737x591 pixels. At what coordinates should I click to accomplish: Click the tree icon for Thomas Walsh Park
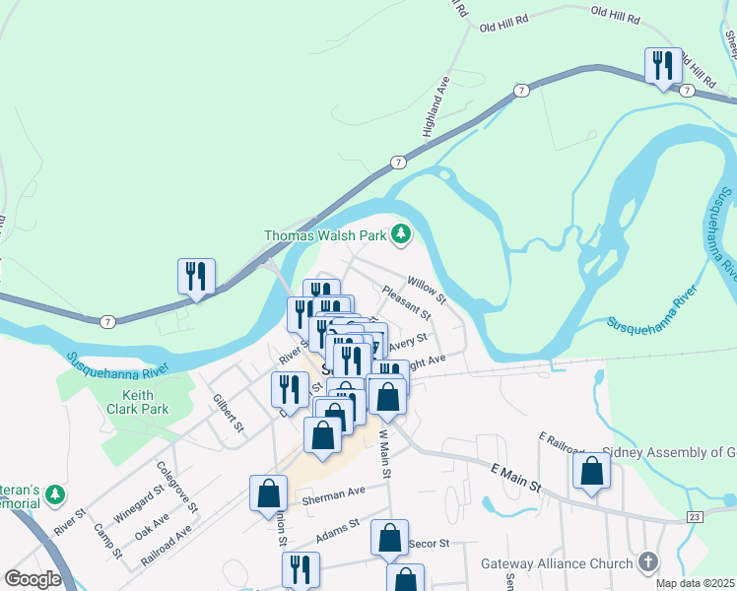401,233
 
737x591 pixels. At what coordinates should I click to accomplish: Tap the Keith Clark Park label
138,402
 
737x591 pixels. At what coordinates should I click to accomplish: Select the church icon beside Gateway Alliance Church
647,561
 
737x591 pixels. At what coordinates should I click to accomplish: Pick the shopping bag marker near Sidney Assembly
591,471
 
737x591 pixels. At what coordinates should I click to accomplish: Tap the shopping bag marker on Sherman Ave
268,493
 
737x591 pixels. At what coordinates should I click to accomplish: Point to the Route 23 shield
696,517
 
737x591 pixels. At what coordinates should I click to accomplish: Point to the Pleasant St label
407,302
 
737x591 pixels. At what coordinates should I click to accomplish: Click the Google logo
33,579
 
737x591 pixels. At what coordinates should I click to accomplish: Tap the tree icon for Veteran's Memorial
57,492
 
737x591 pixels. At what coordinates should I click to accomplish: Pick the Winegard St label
138,502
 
